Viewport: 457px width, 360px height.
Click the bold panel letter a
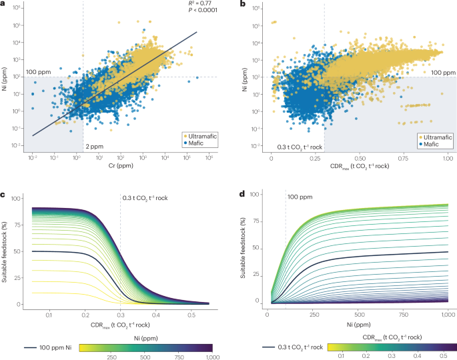click(x=4, y=4)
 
